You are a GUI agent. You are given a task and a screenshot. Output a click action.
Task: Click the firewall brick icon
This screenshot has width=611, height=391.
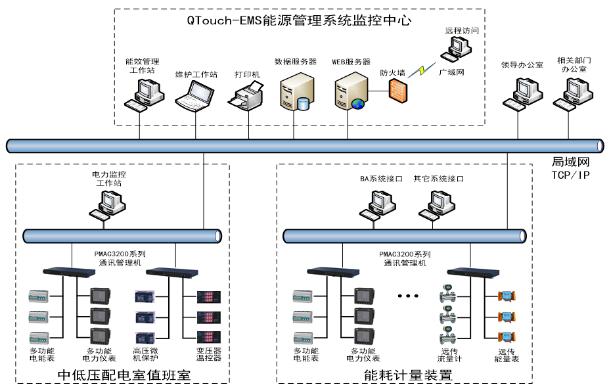(x=397, y=90)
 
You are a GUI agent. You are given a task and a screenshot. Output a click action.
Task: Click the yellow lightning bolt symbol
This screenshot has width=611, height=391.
(x=418, y=70)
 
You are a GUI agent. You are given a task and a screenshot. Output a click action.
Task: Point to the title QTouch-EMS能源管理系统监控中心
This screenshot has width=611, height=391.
(x=299, y=20)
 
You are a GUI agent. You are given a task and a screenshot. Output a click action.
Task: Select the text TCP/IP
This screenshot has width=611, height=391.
(x=568, y=174)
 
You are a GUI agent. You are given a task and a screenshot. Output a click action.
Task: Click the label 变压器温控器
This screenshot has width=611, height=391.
(x=209, y=354)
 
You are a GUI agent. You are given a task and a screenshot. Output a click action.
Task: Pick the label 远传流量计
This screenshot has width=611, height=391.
(x=449, y=355)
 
